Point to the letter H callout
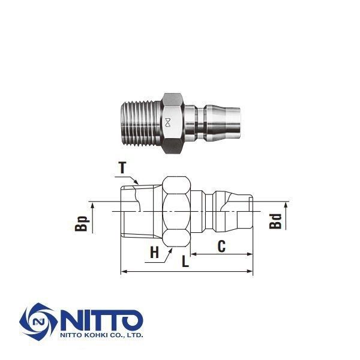154,254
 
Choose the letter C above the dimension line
221,245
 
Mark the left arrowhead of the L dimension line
123,272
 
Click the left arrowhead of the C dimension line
194,254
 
